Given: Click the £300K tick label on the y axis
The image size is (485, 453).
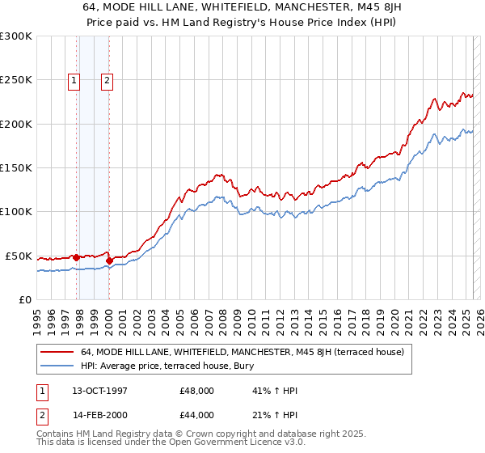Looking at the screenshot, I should pyautogui.click(x=15, y=36).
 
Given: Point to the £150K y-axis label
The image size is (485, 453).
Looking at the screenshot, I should pyautogui.click(x=15, y=168).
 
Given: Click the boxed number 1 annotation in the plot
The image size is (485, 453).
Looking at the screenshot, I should pyautogui.click(x=74, y=80).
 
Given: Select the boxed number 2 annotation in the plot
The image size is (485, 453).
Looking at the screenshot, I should pyautogui.click(x=107, y=80).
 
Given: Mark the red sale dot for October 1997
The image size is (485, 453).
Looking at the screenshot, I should pyautogui.click(x=77, y=257).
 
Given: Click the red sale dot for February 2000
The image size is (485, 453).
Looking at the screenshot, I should pyautogui.click(x=109, y=260).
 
